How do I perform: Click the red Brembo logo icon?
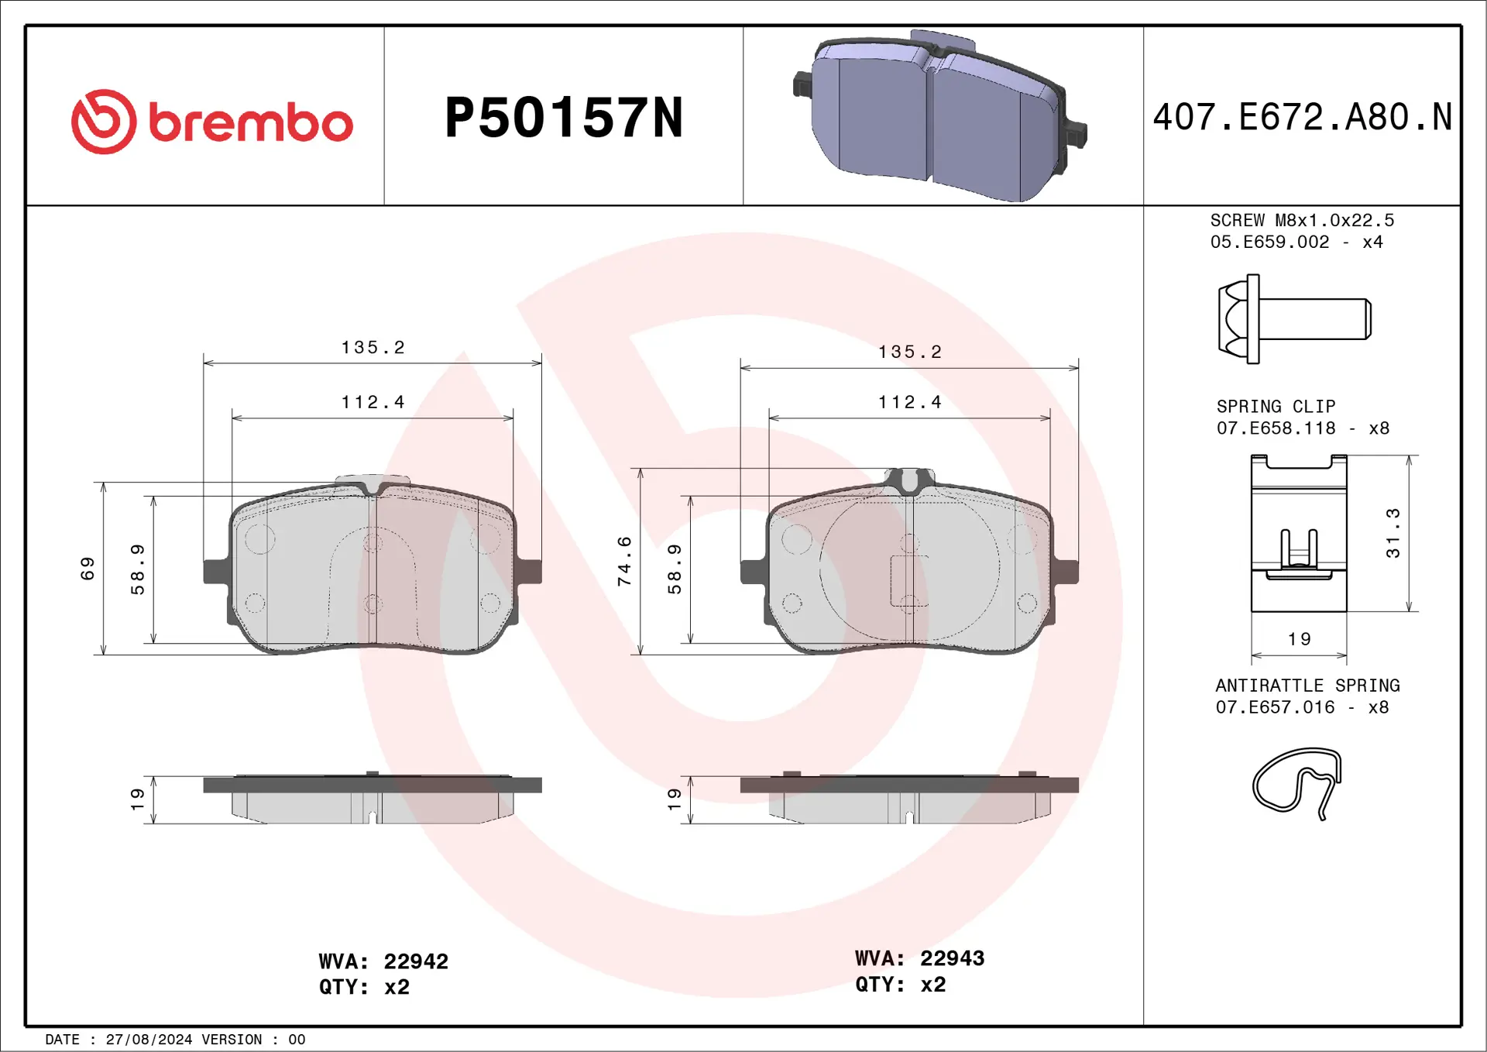point(104,122)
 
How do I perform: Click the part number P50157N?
point(563,119)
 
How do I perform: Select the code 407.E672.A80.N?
point(1302,118)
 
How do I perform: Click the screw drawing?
point(1293,318)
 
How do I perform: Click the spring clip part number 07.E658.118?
point(1276,428)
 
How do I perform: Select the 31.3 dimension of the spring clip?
point(1393,533)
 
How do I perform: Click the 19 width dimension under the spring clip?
point(1299,639)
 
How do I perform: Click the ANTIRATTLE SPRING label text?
point(1307,686)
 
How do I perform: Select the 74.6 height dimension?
point(624,560)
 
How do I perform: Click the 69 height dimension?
point(88,568)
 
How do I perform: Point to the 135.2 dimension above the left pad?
point(373,348)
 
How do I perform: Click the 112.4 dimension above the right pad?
point(909,403)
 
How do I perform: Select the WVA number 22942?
point(416,961)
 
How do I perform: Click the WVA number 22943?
point(952,958)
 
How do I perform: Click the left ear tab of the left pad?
point(215,572)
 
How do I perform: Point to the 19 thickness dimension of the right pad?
point(674,799)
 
